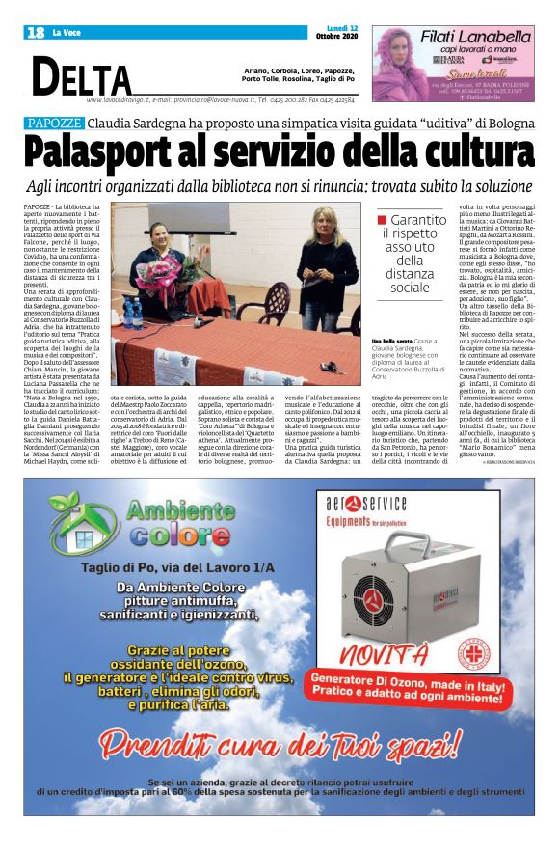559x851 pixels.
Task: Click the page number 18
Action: [x=35, y=33]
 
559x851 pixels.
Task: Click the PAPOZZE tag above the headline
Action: [x=54, y=124]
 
